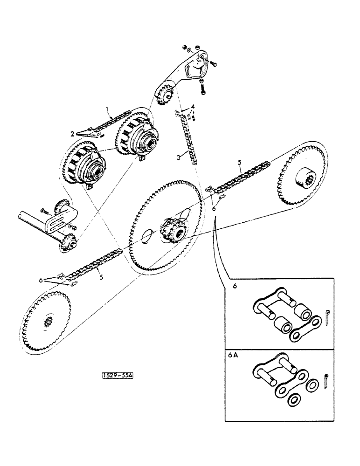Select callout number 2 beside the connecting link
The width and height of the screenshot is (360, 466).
pos(72,134)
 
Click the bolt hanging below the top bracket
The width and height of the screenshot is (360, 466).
pos(204,87)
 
